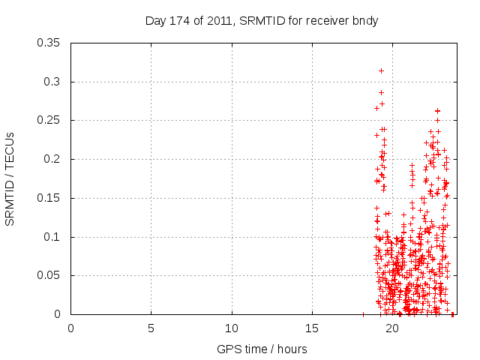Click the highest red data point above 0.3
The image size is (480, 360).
click(381, 70)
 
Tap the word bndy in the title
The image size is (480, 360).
click(364, 21)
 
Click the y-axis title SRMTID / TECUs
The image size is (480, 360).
click(10, 178)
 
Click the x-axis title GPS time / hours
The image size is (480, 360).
click(262, 349)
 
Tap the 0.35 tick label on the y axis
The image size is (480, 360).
click(49, 43)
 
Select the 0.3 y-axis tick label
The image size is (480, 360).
click(52, 82)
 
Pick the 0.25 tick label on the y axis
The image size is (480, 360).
click(49, 120)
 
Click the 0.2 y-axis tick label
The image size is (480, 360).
click(52, 159)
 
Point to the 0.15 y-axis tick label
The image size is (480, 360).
click(49, 198)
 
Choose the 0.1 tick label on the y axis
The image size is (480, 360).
click(52, 237)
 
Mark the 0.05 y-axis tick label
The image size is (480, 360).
click(49, 275)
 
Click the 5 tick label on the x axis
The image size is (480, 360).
click(151, 328)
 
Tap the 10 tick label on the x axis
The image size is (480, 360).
click(232, 328)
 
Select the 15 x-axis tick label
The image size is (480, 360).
click(312, 328)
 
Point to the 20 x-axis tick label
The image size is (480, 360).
click(392, 328)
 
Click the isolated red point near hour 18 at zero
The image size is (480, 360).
click(363, 314)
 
